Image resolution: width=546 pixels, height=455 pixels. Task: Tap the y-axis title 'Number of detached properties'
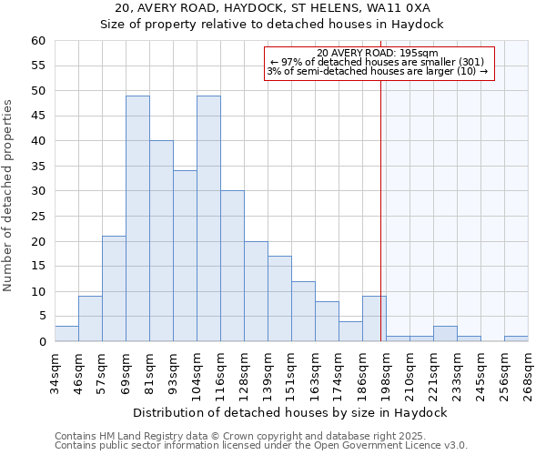click(9, 195)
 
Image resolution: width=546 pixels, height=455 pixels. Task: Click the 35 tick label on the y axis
click(37, 167)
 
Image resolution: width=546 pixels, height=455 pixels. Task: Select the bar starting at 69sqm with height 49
click(137, 218)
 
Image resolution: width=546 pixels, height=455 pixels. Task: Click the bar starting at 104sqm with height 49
click(208, 218)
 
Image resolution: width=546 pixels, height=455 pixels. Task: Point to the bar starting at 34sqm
click(66, 334)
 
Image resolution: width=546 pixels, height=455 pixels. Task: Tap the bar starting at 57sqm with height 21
click(114, 288)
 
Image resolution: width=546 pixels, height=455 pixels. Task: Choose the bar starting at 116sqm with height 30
click(232, 266)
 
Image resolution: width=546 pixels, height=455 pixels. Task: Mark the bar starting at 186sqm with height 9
click(374, 318)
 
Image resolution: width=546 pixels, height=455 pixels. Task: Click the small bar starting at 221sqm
click(445, 334)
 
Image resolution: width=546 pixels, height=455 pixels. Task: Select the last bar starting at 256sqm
click(516, 339)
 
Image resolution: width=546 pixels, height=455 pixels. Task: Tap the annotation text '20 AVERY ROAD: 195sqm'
click(378, 53)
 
